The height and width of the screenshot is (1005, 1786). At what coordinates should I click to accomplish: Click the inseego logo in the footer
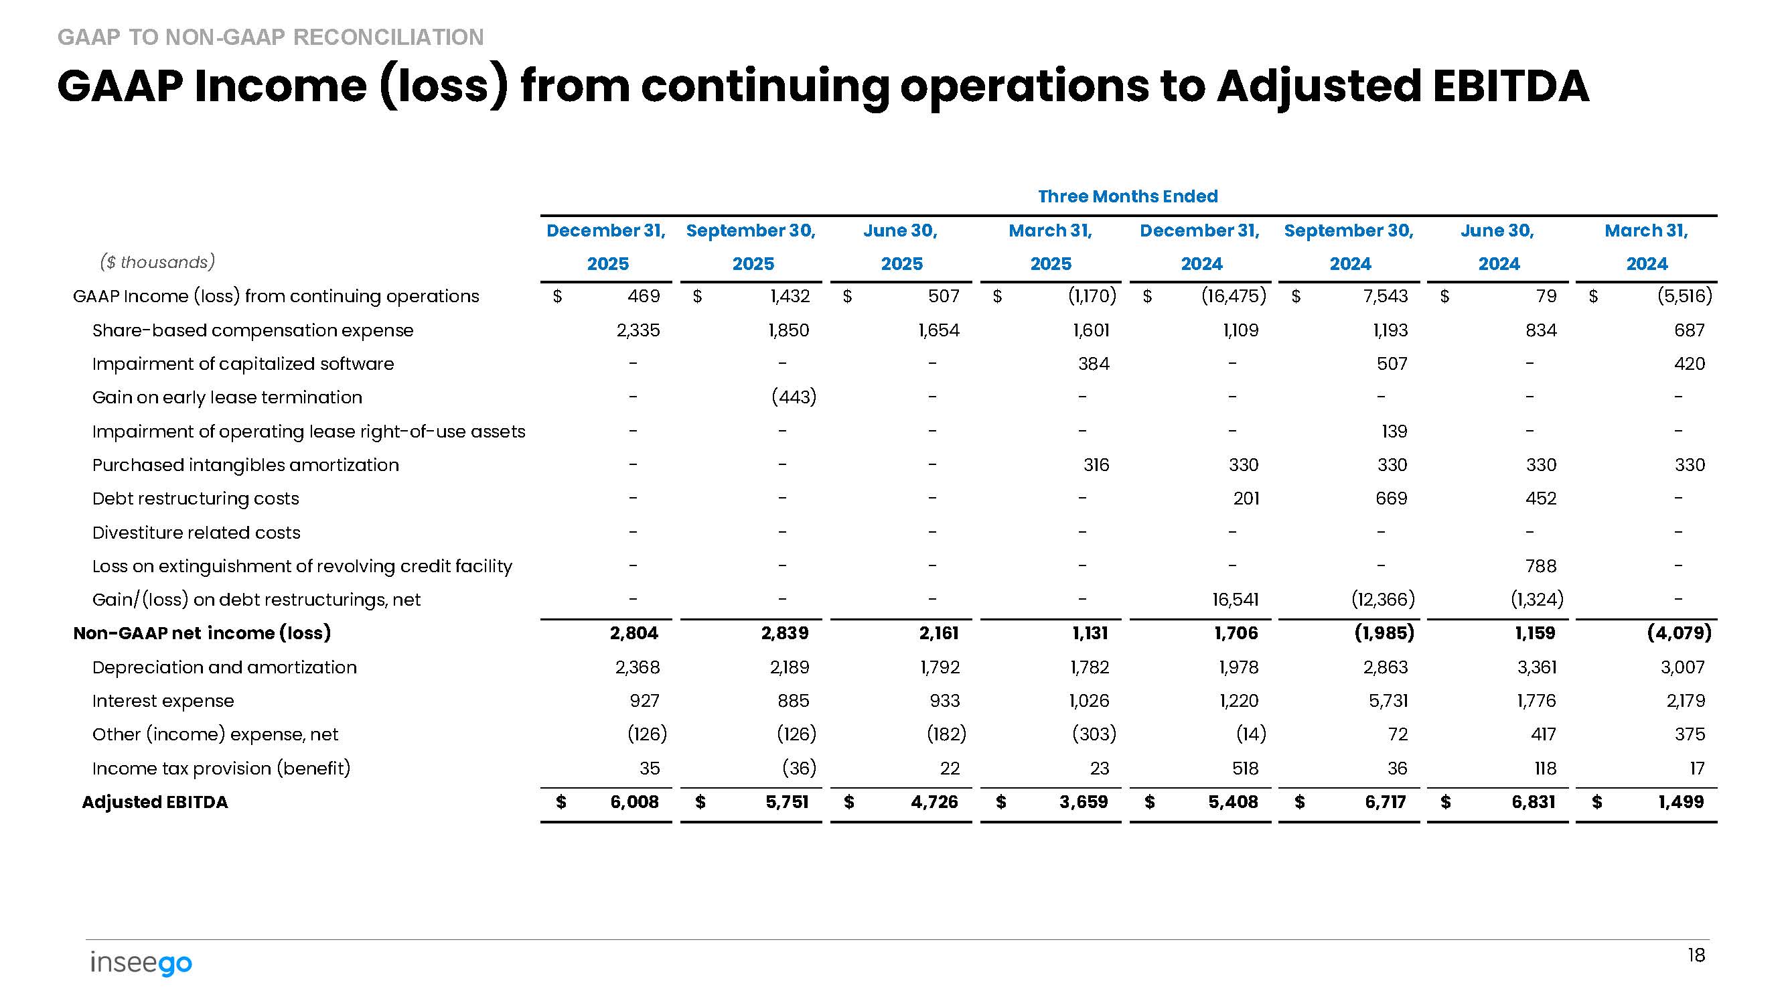(141, 963)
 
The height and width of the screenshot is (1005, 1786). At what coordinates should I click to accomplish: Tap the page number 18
(1696, 956)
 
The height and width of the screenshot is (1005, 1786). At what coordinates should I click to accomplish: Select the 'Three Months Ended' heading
(1127, 196)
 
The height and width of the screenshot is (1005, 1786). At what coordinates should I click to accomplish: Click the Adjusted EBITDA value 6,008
(634, 802)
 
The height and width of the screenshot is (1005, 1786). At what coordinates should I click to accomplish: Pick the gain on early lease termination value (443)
(793, 397)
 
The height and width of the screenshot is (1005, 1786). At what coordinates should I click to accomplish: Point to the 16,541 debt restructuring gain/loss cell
(1235, 599)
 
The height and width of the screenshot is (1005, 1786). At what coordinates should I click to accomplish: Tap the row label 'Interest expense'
(163, 701)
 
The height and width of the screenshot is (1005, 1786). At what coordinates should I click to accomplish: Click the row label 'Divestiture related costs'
(196, 533)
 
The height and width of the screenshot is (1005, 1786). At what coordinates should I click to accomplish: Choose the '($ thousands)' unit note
(157, 262)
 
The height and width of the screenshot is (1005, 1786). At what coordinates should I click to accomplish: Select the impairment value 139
(1394, 431)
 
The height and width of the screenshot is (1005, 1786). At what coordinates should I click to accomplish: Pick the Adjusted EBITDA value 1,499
(1681, 802)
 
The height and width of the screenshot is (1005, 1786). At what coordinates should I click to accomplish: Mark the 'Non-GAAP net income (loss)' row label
(202, 633)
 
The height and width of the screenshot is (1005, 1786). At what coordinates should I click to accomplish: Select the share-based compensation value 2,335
(638, 330)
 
